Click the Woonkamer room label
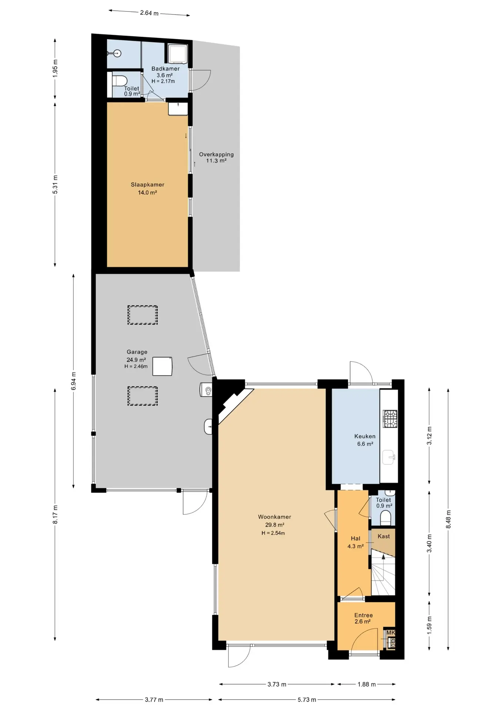(x=274, y=517)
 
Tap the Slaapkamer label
(x=147, y=184)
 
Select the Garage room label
(x=137, y=352)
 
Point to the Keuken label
(x=365, y=436)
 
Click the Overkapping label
(x=216, y=154)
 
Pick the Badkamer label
(x=166, y=69)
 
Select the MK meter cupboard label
(x=391, y=633)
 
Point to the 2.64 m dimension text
(x=149, y=13)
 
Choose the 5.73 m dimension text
(x=307, y=700)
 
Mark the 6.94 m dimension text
(x=73, y=381)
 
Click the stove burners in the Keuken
(x=390, y=419)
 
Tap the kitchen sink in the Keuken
(x=389, y=457)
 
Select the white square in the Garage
(x=163, y=366)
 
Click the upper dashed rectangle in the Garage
(x=143, y=315)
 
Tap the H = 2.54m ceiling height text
(x=273, y=533)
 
